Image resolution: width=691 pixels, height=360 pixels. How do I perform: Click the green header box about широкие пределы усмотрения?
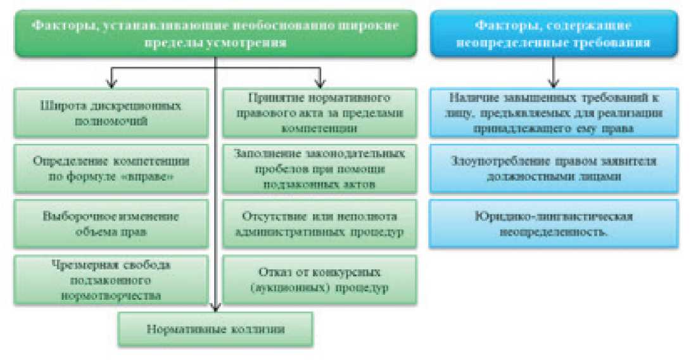(x=216, y=34)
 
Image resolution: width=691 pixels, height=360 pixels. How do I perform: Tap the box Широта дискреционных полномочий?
(x=111, y=113)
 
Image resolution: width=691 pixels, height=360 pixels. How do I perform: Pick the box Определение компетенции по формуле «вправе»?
(x=111, y=168)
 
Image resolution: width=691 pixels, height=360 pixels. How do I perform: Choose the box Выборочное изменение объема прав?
(x=111, y=224)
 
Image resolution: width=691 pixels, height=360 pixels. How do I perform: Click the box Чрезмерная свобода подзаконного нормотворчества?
(x=111, y=279)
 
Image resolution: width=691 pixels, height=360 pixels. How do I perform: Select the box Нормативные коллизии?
(x=216, y=330)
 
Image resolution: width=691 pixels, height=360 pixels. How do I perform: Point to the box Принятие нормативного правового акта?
(x=319, y=113)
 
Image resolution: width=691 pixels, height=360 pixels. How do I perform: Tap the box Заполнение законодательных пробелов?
(x=319, y=168)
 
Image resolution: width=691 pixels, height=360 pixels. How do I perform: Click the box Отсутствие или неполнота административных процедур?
(x=319, y=224)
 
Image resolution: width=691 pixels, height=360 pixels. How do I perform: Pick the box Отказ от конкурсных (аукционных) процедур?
(x=319, y=280)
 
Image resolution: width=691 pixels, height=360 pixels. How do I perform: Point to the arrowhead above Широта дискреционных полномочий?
(x=111, y=82)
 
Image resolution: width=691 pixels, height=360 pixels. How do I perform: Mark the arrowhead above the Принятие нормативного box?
(x=320, y=82)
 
